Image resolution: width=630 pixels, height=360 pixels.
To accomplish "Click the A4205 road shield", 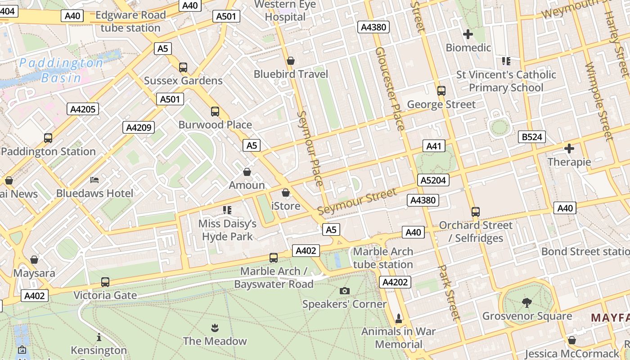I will point(83,109).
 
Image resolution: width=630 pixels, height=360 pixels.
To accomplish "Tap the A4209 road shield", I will point(139,127).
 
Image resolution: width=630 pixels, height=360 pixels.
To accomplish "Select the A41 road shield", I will point(434,146).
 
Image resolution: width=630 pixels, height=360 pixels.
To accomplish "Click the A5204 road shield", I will point(433,180).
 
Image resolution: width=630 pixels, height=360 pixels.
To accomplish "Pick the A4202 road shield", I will point(395,282).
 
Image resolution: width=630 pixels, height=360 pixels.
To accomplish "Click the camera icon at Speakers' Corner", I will point(345,291).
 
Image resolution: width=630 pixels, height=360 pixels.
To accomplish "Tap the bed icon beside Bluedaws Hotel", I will point(94,180).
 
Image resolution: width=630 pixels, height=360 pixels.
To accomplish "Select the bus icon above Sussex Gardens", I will point(183,67).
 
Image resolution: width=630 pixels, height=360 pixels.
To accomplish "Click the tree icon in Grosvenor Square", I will point(526,302).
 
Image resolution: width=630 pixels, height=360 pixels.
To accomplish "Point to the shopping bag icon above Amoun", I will point(247,172).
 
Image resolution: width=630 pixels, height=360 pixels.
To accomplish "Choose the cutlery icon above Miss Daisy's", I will point(227,210).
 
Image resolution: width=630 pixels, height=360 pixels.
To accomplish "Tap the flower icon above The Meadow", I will point(215,327).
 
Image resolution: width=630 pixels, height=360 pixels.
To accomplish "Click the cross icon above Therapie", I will point(569,148).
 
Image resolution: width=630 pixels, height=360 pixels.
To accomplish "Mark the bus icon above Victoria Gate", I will point(105,282).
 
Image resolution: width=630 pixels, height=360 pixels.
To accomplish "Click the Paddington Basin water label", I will point(61,70).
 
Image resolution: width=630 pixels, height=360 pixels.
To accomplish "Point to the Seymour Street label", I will point(357,202).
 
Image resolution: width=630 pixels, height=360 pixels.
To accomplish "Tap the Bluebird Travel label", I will point(291,74).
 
